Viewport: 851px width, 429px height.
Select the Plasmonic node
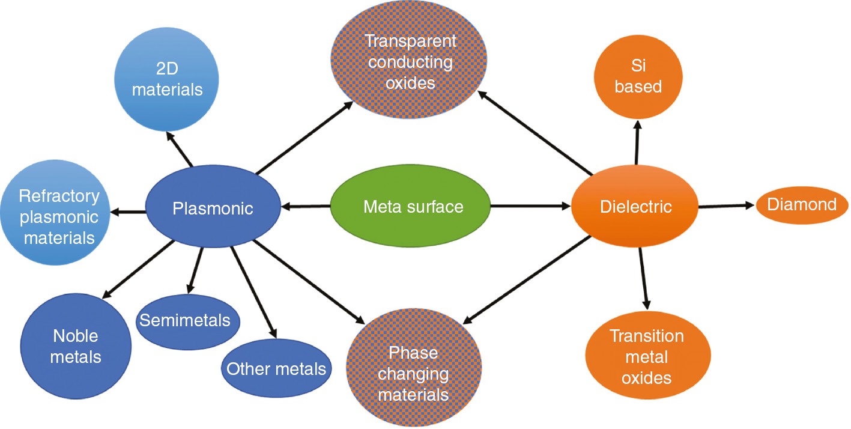(213, 208)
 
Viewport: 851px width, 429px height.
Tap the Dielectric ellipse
(635, 207)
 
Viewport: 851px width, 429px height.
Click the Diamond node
(802, 205)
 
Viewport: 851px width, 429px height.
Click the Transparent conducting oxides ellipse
(410, 62)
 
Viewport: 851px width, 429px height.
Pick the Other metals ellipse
(276, 368)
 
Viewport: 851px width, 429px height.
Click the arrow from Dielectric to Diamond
(725, 206)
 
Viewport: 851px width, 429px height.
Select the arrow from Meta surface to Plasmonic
(306, 207)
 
